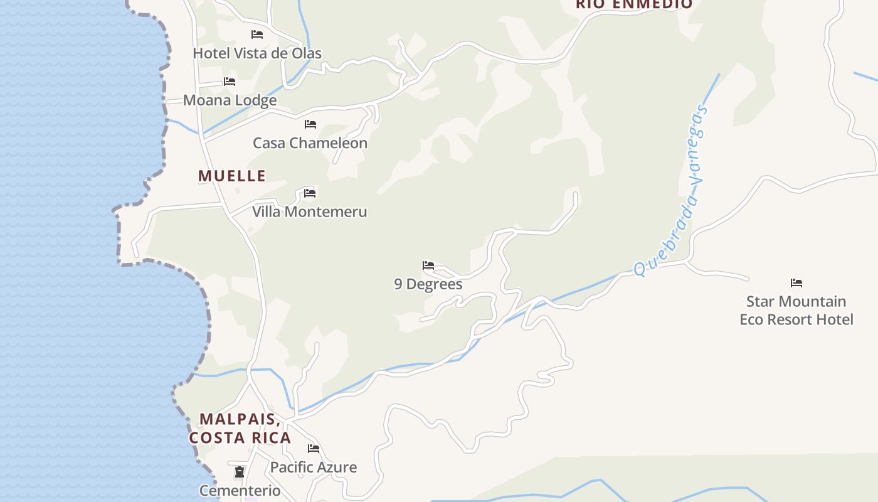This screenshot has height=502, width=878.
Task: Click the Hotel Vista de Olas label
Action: pos(257,53)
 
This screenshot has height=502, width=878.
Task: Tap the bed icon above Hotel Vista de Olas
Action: pos(257,35)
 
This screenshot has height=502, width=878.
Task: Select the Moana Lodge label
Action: pos(230,100)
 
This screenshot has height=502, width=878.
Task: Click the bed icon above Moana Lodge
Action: pos(230,82)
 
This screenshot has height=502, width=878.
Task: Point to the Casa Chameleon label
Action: pos(310,143)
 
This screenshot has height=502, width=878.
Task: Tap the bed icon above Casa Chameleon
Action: pos(310,124)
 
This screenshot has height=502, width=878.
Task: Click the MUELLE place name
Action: pos(232,176)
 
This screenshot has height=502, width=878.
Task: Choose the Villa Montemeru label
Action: pos(309,212)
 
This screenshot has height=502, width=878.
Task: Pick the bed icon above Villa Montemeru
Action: pos(309,193)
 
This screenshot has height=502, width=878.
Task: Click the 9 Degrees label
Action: pos(428,284)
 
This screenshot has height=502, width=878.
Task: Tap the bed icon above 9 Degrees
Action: pos(428,265)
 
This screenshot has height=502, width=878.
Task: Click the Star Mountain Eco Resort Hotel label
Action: pos(796,311)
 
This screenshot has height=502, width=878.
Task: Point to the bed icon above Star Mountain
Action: pos(796,283)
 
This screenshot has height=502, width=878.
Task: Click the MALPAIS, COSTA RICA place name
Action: pos(240,428)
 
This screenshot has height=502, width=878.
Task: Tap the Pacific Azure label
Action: pos(314,467)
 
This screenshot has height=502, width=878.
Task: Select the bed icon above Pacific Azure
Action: pos(314,449)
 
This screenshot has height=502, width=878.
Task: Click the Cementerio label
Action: pos(240,491)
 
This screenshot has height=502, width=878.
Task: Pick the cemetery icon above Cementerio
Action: pos(240,472)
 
